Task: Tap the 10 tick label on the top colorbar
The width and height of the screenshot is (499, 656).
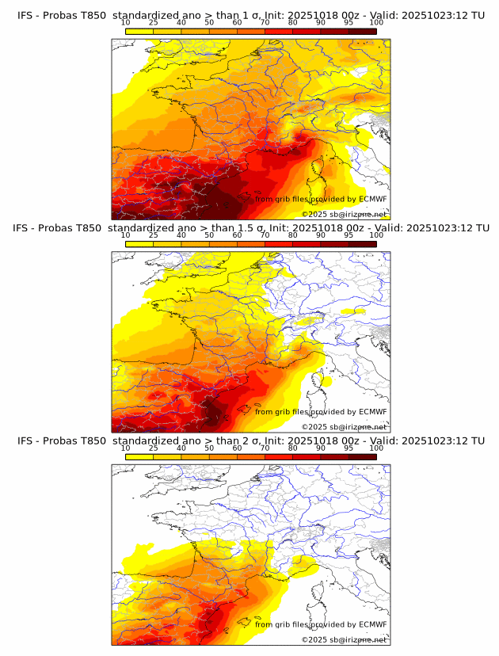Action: click(125, 23)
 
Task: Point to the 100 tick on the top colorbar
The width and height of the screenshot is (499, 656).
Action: click(376, 23)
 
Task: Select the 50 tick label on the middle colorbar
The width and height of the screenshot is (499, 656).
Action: click(209, 235)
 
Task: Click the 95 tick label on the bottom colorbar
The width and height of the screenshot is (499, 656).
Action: click(349, 448)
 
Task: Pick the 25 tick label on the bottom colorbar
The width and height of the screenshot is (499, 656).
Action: click(153, 448)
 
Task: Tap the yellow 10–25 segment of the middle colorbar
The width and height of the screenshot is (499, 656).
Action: click(139, 244)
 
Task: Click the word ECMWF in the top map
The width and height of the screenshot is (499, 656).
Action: click(372, 199)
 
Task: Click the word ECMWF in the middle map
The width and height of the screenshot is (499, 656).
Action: click(372, 411)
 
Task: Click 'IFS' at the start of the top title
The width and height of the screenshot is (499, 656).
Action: click(25, 16)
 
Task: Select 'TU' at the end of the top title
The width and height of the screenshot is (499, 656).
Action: click(477, 16)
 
